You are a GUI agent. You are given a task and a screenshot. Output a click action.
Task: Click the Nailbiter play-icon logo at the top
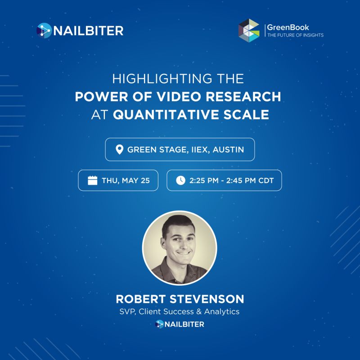44,30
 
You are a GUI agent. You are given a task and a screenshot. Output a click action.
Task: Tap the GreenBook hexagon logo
249,31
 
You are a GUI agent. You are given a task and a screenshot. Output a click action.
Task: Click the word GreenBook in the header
288,27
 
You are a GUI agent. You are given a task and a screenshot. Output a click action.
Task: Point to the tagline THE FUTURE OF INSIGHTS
296,35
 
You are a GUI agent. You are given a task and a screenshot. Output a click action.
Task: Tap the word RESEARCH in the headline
243,96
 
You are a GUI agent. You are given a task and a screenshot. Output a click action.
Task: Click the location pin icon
119,149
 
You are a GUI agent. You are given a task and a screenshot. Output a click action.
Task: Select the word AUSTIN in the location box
228,149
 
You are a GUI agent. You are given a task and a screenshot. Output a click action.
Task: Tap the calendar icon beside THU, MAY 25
93,180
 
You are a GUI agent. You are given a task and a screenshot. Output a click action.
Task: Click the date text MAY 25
136,180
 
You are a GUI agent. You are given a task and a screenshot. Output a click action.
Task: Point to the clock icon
181,180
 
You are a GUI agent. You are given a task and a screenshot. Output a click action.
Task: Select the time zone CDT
266,180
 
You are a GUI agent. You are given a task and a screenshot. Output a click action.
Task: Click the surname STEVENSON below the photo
207,299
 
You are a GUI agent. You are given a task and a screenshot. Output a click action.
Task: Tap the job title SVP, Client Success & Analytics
180,311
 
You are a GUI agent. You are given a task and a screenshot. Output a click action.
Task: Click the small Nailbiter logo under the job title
180,324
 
